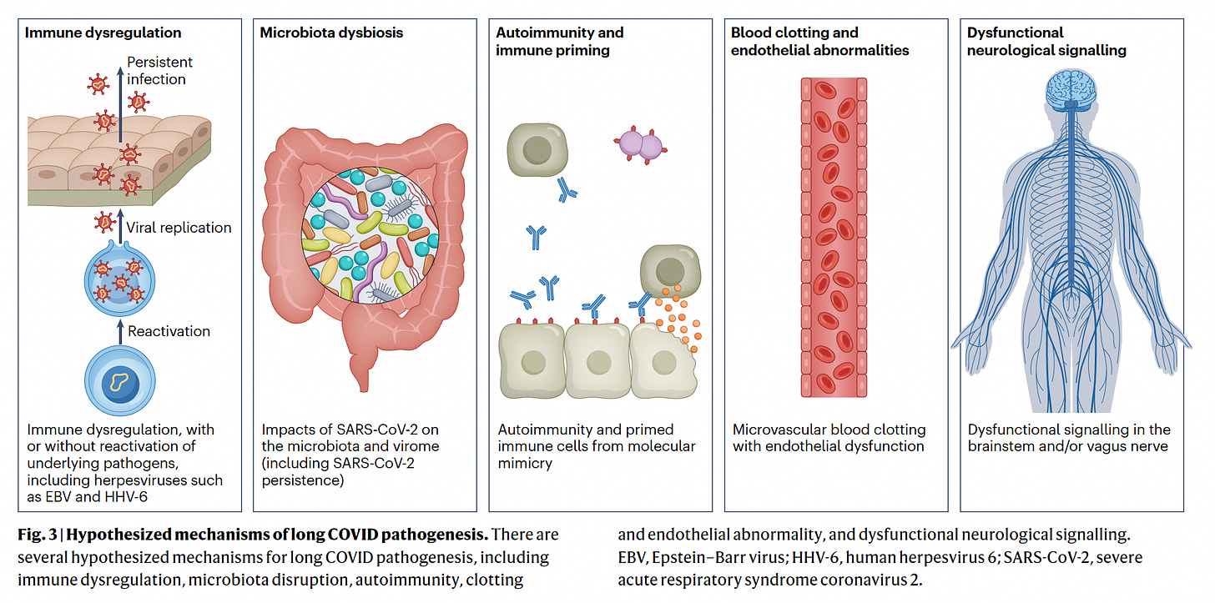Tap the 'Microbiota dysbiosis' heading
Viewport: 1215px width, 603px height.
(x=331, y=33)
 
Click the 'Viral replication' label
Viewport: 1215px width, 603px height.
(x=179, y=227)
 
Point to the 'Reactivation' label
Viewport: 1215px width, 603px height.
(x=169, y=331)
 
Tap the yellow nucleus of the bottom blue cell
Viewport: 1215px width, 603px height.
(x=119, y=383)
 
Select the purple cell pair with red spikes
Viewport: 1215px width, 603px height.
(x=639, y=145)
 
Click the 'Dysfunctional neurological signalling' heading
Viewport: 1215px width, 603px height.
(x=1046, y=42)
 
